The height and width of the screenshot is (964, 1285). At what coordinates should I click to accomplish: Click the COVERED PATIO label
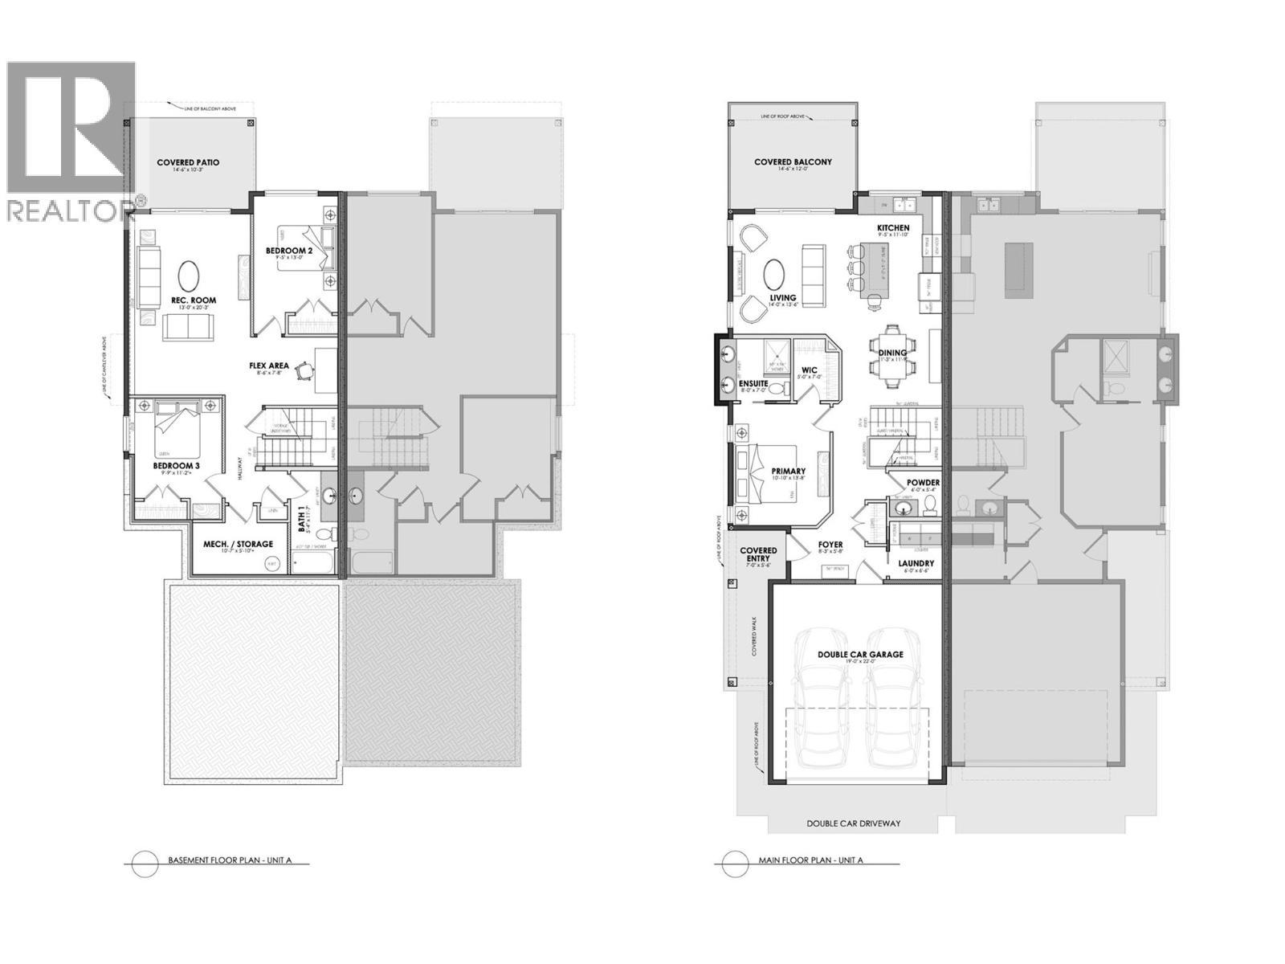(x=188, y=162)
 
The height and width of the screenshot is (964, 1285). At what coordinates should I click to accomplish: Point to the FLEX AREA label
(x=268, y=366)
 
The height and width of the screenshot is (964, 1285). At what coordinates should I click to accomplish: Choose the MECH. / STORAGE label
(x=237, y=544)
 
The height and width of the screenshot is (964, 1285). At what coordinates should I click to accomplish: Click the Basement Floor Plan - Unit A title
(x=228, y=860)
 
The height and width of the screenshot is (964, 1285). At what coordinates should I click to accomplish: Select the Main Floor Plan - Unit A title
(x=810, y=860)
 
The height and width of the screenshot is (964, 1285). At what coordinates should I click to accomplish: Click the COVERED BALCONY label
(x=793, y=162)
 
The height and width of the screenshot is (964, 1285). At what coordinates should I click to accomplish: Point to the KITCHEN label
(x=892, y=228)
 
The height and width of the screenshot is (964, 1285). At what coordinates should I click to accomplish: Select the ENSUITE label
(x=753, y=383)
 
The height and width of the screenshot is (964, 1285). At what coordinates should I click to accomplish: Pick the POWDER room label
(x=923, y=483)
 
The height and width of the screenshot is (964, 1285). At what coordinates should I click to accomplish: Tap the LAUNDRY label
(x=916, y=564)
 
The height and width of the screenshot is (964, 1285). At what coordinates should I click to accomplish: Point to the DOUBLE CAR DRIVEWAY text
(x=853, y=823)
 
